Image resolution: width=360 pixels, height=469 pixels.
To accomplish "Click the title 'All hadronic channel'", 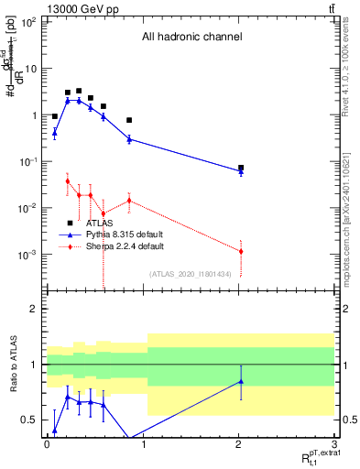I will pyautogui.click(x=191, y=38).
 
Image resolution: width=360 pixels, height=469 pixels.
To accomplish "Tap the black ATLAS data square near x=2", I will pyautogui.click(x=241, y=168).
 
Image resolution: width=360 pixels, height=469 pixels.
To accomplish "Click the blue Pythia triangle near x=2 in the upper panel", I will pyautogui.click(x=241, y=172).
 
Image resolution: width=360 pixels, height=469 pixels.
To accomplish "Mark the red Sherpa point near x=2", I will pyautogui.click(x=241, y=251).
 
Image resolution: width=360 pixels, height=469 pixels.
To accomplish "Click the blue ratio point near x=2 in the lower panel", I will pyautogui.click(x=241, y=381).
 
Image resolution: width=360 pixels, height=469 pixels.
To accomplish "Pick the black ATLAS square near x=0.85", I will pyautogui.click(x=129, y=120).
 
